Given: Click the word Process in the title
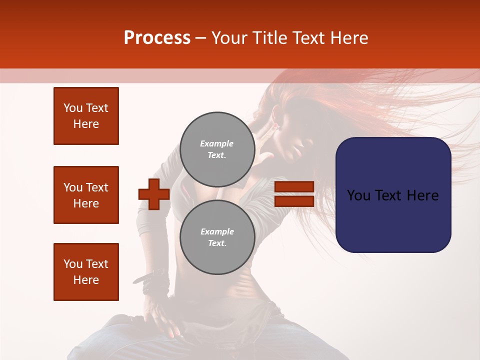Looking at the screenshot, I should click(x=157, y=38).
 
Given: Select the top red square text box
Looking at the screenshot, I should click(x=86, y=116).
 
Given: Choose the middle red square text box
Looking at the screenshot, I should click(x=86, y=195).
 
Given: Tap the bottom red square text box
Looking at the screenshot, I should click(x=86, y=272).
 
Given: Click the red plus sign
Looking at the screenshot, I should click(x=154, y=194).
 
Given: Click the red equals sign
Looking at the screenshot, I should click(x=294, y=194).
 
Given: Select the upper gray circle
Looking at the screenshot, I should click(x=217, y=149).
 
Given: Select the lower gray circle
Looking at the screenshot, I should click(x=217, y=237).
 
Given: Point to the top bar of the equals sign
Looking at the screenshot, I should click(x=294, y=187).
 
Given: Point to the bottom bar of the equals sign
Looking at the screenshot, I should click(x=294, y=201).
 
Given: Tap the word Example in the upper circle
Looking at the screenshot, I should click(x=217, y=143).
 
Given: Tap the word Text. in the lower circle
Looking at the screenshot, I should click(x=217, y=243).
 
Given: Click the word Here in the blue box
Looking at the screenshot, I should click(x=423, y=195).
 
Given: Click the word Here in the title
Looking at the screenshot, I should click(x=348, y=38).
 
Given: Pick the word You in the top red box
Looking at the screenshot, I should click(x=72, y=108).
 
